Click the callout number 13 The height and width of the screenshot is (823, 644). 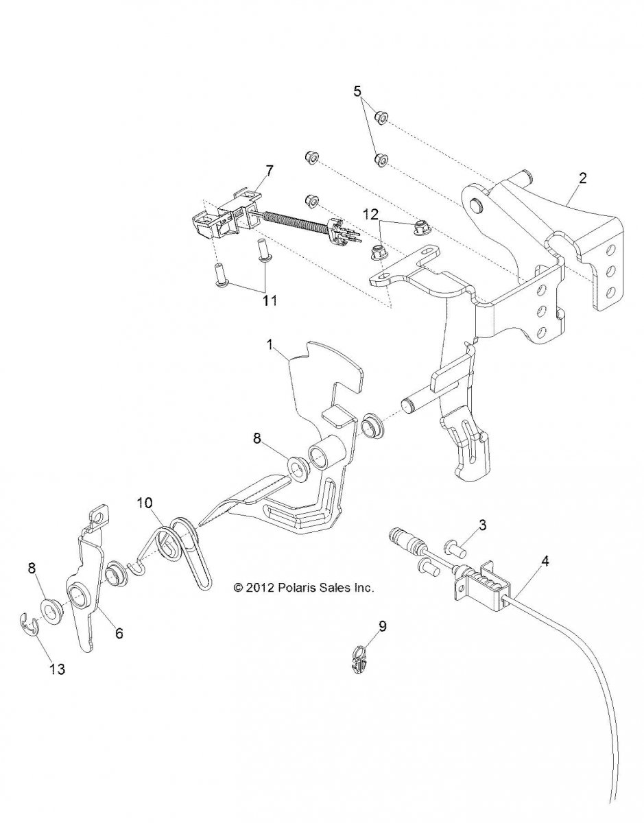(57, 669)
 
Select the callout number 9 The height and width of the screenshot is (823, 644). (383, 626)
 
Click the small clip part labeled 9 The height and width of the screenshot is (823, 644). (358, 661)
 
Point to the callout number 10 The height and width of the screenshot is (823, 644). (145, 503)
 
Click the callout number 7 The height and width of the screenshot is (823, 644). (269, 171)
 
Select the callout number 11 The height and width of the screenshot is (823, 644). (269, 300)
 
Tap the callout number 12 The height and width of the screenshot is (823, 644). (372, 215)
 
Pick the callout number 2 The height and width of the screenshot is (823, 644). (582, 178)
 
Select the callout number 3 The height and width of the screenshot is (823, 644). (482, 525)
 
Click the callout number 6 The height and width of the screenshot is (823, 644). (119, 633)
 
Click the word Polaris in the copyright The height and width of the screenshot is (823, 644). (298, 588)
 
